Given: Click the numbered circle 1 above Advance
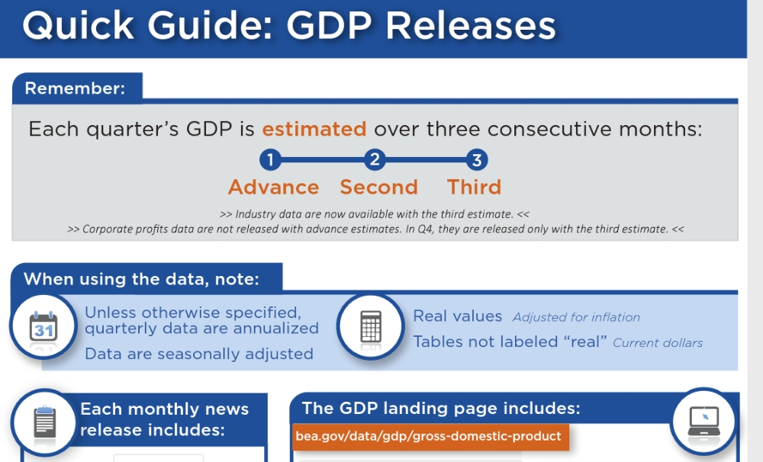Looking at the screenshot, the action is pyautogui.click(x=271, y=159).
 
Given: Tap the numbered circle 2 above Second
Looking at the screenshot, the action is pyautogui.click(x=375, y=159).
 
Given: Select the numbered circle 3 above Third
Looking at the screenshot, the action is pyautogui.click(x=477, y=159).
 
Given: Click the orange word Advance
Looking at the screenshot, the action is pyautogui.click(x=273, y=188).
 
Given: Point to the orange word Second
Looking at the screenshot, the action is pyautogui.click(x=379, y=188).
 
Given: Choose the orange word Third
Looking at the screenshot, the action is pyautogui.click(x=474, y=188).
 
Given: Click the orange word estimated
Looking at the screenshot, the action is pyautogui.click(x=314, y=130).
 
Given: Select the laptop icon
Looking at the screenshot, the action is pyautogui.click(x=703, y=421).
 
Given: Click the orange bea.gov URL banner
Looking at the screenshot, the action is pyautogui.click(x=430, y=436).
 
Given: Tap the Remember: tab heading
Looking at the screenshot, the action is pyautogui.click(x=75, y=88).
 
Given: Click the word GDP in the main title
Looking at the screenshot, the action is pyautogui.click(x=330, y=25).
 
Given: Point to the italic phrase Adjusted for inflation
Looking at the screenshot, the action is pyautogui.click(x=576, y=318).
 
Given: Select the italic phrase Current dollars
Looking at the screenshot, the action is pyautogui.click(x=658, y=343).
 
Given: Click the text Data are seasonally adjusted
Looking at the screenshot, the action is pyautogui.click(x=199, y=354).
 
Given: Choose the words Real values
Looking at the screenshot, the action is pyautogui.click(x=457, y=316).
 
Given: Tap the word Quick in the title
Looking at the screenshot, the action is pyautogui.click(x=79, y=26).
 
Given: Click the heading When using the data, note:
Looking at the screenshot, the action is pyautogui.click(x=142, y=279).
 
